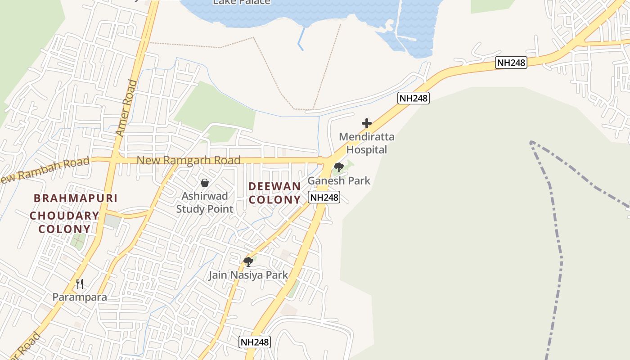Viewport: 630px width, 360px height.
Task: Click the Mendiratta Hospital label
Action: point(366,143)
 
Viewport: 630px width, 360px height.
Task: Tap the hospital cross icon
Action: point(367,123)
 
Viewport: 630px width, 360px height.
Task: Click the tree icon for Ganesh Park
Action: point(339,167)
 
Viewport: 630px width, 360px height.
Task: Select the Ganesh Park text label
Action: point(339,180)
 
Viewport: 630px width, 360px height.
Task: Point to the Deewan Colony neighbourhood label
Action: point(274,193)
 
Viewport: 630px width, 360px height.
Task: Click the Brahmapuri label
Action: point(76,198)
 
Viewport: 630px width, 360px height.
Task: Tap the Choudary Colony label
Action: point(64,222)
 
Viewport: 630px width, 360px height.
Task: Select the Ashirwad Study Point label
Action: point(205,202)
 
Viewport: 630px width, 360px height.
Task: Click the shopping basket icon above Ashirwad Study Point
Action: point(205,183)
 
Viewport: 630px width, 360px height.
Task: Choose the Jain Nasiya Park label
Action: point(248,275)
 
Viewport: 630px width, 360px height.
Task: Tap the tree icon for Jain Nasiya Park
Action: point(248,261)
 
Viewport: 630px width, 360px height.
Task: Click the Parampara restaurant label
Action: point(80,297)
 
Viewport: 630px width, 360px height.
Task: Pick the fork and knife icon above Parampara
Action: point(80,283)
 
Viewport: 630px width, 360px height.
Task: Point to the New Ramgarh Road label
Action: point(188,160)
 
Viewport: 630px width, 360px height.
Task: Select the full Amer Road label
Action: point(126,108)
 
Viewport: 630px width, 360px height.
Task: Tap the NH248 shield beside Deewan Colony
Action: point(324,197)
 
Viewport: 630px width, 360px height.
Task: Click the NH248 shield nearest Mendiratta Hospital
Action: point(414,98)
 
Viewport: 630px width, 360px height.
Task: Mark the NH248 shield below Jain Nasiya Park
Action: point(255,342)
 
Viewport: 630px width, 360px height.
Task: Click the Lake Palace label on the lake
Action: point(242,2)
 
